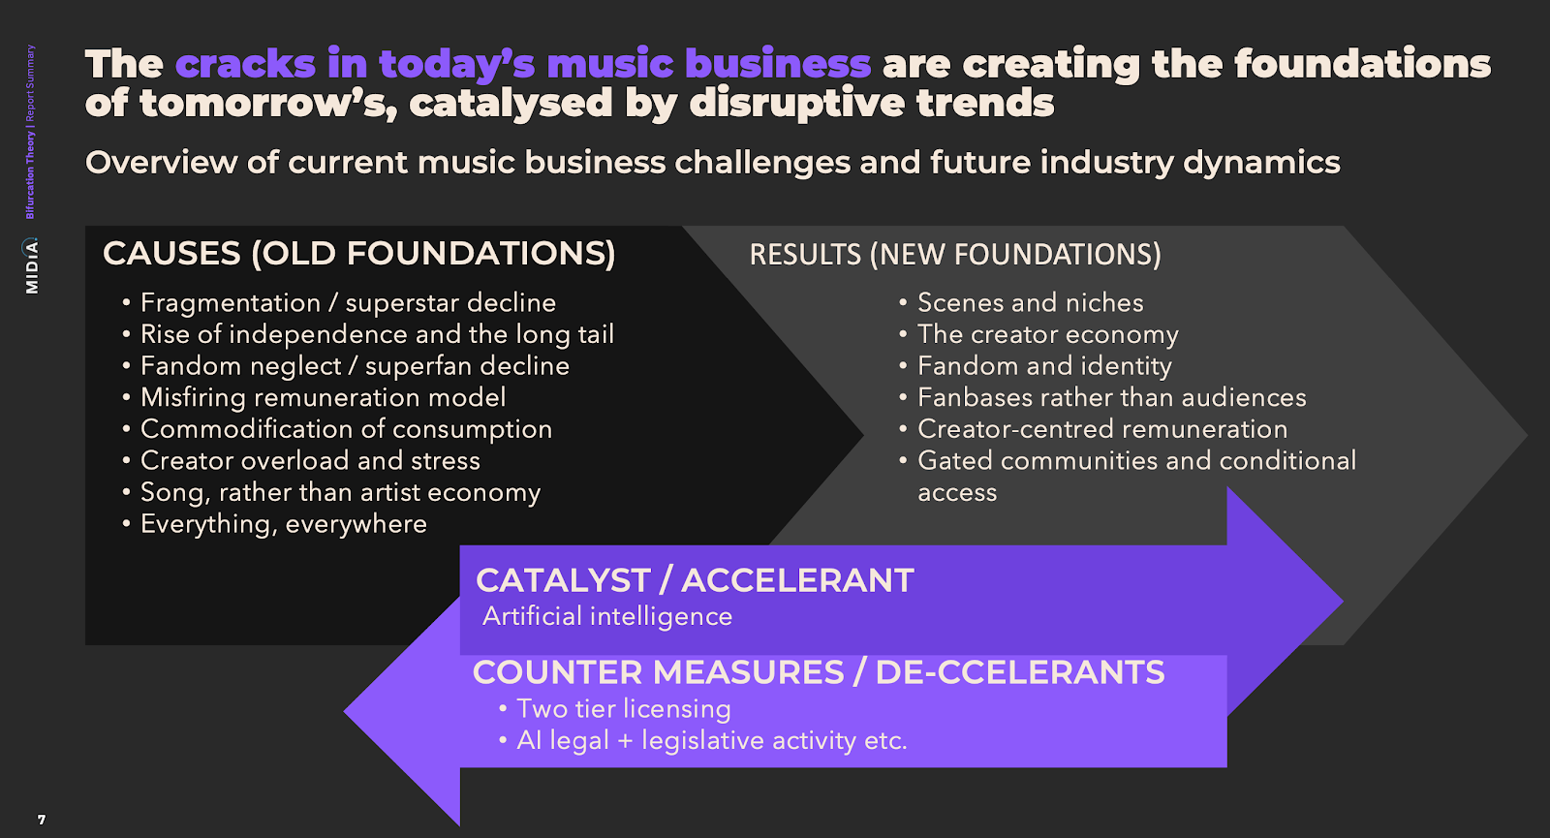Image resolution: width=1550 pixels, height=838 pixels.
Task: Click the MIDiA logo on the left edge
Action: click(31, 265)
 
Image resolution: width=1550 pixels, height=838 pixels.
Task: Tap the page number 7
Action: click(42, 820)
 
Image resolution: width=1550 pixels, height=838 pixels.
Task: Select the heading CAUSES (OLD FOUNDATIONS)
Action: click(359, 253)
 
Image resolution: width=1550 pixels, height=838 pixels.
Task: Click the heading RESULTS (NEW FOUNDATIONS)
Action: click(955, 255)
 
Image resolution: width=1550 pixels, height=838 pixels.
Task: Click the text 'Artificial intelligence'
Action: click(606, 616)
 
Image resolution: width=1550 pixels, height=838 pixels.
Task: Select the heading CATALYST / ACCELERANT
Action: click(695, 580)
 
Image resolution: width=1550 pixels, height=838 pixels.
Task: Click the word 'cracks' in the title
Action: click(246, 64)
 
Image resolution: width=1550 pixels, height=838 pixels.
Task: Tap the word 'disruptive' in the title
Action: click(797, 103)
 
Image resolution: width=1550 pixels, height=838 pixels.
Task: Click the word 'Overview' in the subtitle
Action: click(161, 163)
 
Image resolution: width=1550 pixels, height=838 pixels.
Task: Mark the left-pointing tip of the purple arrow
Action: click(344, 711)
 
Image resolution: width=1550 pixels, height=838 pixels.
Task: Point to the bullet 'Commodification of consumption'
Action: click(346, 429)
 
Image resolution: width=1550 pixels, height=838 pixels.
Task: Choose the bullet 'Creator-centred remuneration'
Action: click(1102, 429)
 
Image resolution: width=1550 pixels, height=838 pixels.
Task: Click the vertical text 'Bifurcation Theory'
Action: click(30, 175)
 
